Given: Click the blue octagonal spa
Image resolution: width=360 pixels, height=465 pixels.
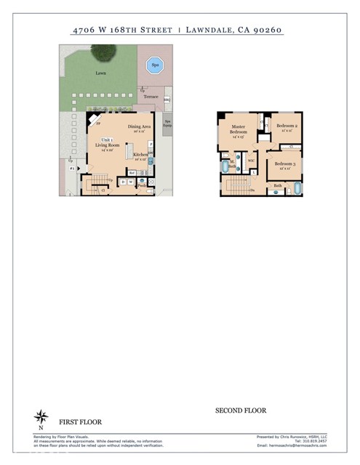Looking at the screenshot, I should point(154,65).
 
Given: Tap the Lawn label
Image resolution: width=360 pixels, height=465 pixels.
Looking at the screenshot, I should point(100,73).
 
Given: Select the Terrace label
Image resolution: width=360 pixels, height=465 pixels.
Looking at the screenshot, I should point(151,96).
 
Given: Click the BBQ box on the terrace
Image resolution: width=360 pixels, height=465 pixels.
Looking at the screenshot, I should point(167,100).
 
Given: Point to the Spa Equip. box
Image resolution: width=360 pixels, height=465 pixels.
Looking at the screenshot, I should point(167,124).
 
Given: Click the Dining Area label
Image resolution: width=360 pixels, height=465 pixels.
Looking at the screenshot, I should point(140,128).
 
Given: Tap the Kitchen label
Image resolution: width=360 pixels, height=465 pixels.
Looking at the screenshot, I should point(140,155).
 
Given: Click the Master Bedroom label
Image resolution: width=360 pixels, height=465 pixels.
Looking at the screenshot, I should point(239,130).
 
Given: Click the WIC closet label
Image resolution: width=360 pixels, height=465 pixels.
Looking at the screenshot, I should point(251,161).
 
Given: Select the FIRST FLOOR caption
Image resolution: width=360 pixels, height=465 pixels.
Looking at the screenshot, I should point(80,421).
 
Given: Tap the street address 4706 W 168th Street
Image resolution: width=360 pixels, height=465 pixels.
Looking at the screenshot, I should point(122,31).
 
